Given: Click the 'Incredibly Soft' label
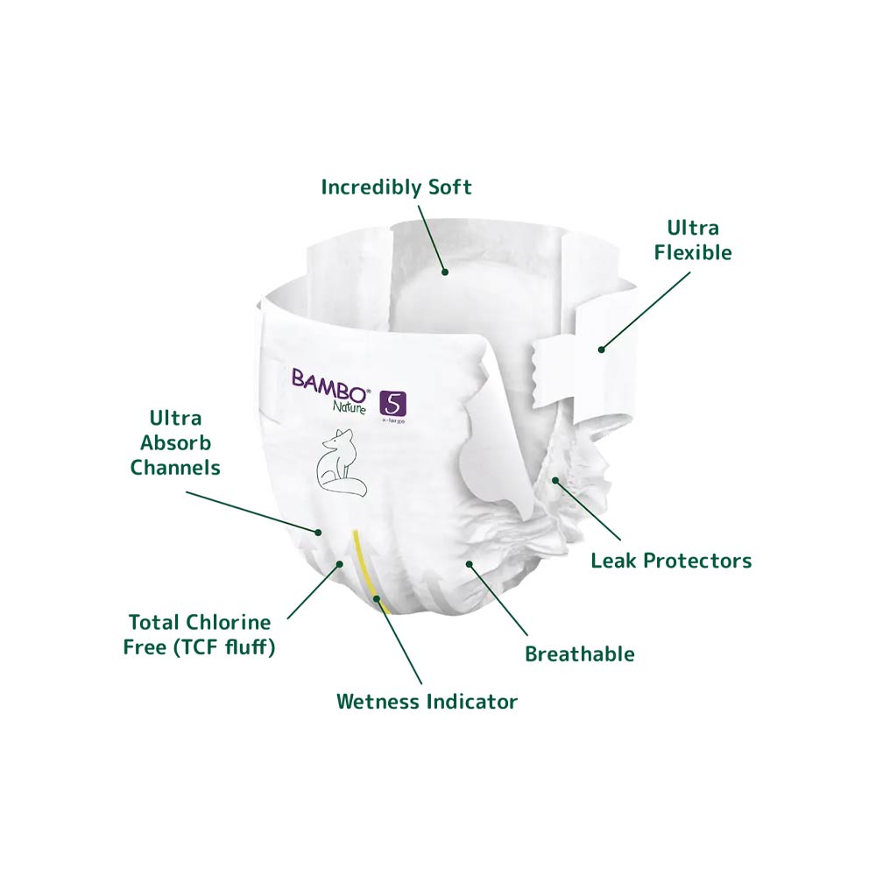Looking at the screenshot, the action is [396, 187].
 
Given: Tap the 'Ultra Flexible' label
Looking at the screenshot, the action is [693, 240].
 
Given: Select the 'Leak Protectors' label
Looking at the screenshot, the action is [671, 561].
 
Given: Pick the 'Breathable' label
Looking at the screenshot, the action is [579, 653].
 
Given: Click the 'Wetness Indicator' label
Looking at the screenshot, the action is [427, 701].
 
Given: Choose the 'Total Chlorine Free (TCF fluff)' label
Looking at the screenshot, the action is [200, 634].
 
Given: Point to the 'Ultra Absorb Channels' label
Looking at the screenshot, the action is [175, 442].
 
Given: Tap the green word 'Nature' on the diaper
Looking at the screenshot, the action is [350, 406].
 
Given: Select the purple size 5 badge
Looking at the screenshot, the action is [392, 403].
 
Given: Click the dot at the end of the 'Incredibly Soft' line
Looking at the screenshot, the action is [445, 272].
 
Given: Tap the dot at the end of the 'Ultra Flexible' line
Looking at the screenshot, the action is [601, 350].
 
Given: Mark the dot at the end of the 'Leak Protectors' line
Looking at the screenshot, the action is [555, 480].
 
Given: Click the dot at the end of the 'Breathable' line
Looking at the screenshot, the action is [470, 564].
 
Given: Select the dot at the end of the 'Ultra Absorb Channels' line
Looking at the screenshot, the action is [319, 532].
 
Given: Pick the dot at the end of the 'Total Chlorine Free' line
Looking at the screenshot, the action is [339, 564].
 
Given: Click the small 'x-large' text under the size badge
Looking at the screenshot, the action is [393, 420].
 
